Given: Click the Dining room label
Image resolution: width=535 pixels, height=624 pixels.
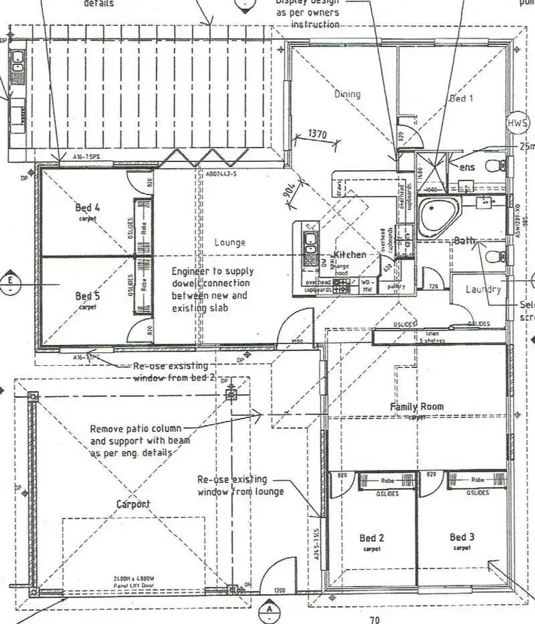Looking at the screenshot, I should [347, 94].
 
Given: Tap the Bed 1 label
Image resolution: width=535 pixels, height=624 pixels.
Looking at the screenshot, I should [461, 98].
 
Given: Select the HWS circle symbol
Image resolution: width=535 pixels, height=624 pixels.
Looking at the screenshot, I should [516, 123].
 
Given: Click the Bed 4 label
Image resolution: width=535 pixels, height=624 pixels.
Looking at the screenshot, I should [88, 208].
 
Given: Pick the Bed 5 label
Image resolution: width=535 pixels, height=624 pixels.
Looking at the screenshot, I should [88, 296].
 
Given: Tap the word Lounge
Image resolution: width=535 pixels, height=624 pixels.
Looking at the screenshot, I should [230, 242].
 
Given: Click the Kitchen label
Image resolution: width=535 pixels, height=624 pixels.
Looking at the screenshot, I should [350, 255].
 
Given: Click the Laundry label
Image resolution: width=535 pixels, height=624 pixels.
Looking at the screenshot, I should [484, 290].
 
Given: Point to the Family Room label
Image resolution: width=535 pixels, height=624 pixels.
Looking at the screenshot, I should [417, 406].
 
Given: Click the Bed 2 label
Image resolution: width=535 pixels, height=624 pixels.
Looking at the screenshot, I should [372, 538].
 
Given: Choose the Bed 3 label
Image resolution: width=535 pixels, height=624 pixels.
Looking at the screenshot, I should [462, 537].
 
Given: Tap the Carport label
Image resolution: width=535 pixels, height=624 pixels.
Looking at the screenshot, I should [134, 504].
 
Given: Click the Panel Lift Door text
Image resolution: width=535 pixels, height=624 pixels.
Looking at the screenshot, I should [136, 583].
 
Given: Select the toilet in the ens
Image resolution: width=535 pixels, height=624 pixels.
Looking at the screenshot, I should [493, 165].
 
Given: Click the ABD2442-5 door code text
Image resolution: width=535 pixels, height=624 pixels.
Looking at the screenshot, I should [221, 173].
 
